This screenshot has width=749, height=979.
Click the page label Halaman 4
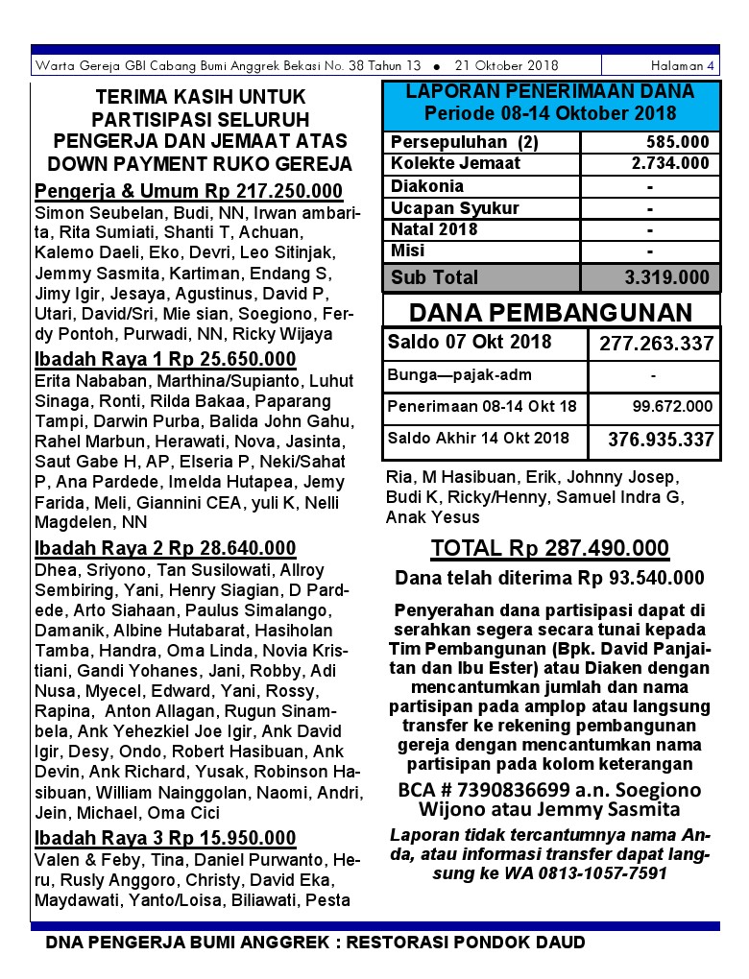(x=682, y=66)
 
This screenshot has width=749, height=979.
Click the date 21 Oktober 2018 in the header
(x=507, y=66)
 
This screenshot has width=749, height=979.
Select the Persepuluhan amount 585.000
(x=677, y=142)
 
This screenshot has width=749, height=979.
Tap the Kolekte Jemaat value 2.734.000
(x=670, y=163)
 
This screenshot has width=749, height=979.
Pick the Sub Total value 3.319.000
(x=667, y=278)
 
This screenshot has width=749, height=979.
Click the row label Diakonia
(x=427, y=186)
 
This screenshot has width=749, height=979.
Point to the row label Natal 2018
(x=434, y=229)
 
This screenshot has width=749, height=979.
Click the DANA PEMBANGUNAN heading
(x=550, y=313)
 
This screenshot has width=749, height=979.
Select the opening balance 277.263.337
(x=657, y=344)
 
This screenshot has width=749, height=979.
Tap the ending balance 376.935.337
(x=661, y=440)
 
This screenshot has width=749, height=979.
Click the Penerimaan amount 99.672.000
(x=672, y=407)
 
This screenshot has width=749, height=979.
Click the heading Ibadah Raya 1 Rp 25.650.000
(x=165, y=360)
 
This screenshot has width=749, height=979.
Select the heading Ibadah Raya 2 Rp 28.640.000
(x=165, y=549)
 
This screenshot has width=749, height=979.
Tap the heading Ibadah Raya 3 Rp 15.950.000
(x=165, y=838)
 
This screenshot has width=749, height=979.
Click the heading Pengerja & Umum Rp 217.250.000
(x=188, y=191)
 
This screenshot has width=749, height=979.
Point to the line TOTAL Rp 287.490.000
(x=549, y=548)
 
